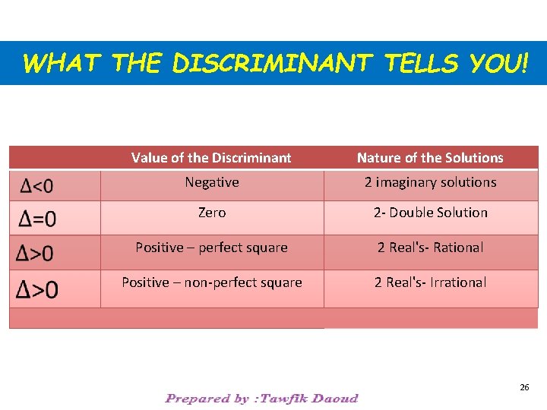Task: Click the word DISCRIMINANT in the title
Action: pos(270,64)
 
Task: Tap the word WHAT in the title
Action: pos(61,64)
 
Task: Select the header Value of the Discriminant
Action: pos(211,158)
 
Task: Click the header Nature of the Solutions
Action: pos(430,158)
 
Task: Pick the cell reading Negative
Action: pos(212,182)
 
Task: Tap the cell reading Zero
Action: pos(212,213)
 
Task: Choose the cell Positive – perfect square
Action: pos(211,248)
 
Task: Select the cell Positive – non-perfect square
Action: pos(212,282)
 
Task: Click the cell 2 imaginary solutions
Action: pos(430,182)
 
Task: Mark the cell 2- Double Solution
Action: pos(430,213)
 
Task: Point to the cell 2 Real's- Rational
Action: pos(430,248)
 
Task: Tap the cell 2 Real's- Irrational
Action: pos(430,282)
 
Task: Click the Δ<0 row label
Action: pos(37,186)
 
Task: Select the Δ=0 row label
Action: pos(38,219)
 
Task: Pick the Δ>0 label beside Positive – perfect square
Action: pos(38,253)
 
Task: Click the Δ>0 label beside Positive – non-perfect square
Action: pos(38,289)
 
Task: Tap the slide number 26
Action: pos(524,387)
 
